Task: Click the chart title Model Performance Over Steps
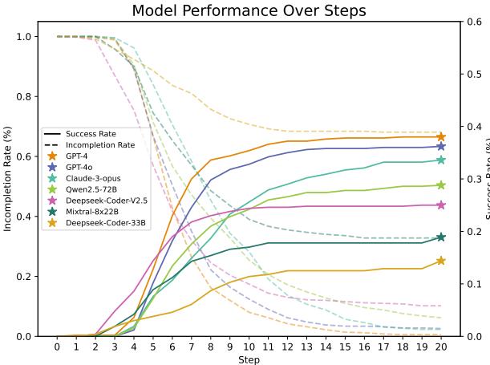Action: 249,10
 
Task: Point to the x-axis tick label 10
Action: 249,347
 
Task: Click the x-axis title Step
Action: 249,359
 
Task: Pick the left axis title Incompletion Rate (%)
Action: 7,179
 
